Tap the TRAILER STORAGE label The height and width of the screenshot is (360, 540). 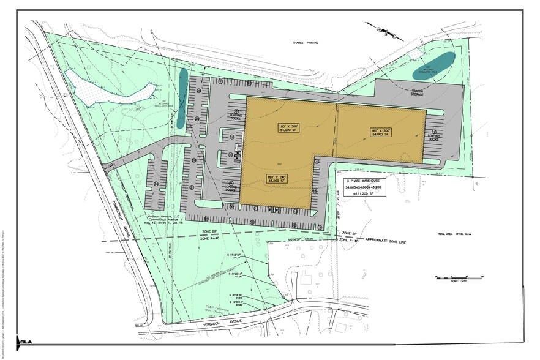[x=418, y=92]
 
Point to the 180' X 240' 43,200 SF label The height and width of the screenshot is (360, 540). [x=276, y=179]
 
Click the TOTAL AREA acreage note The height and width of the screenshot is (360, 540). [x=452, y=234]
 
